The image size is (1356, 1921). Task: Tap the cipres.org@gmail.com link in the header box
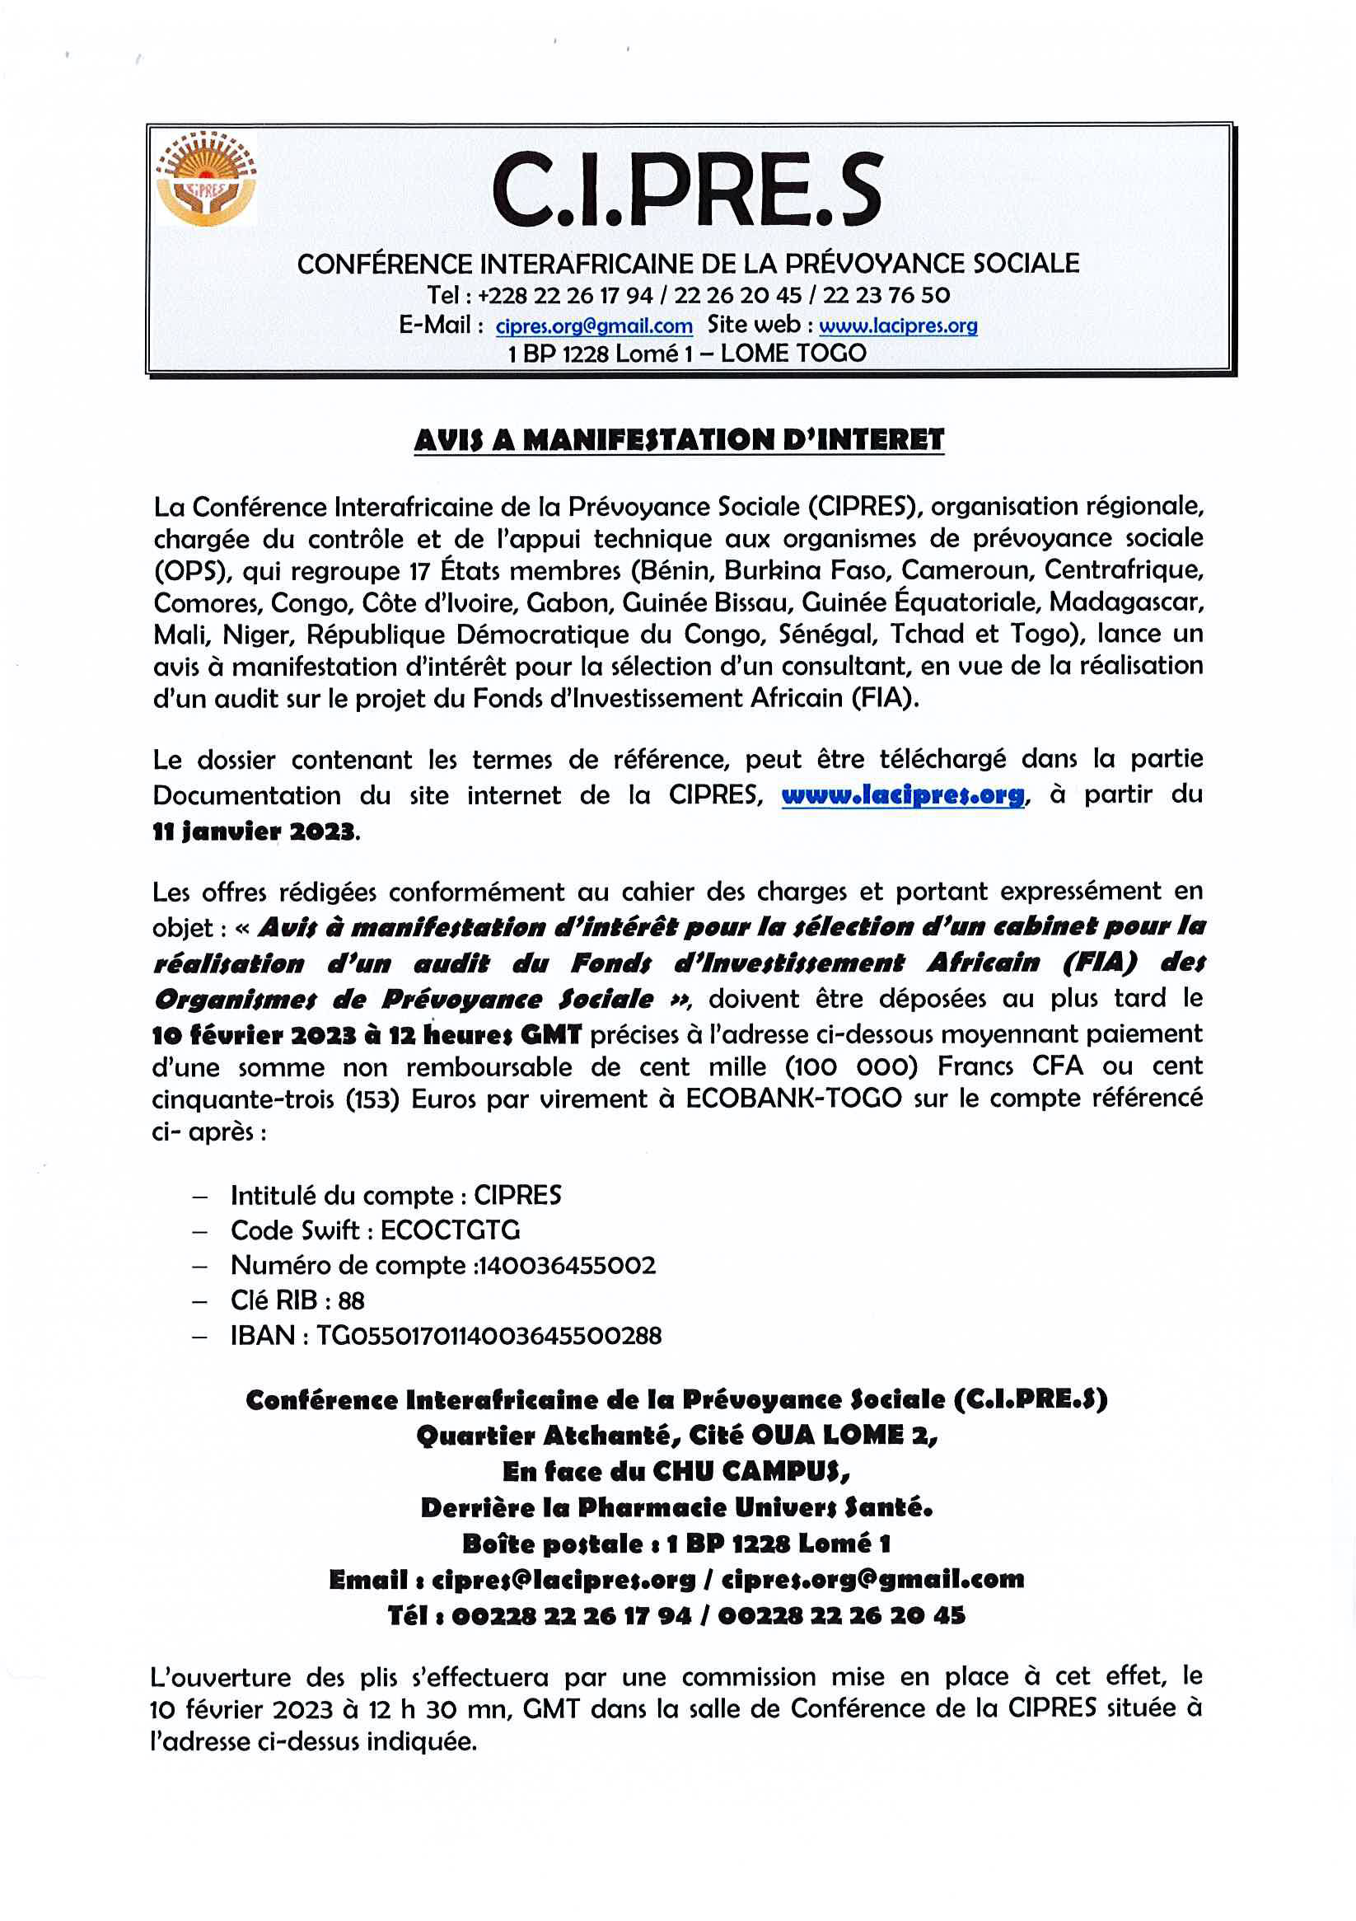(594, 326)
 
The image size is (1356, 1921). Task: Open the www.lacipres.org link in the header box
(898, 326)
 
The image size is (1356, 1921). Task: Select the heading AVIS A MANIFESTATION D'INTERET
(679, 440)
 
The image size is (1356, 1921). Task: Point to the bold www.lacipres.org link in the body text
(903, 794)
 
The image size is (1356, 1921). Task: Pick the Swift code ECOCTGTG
(450, 1230)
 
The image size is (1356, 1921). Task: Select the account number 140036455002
(566, 1265)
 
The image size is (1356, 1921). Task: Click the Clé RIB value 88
(351, 1300)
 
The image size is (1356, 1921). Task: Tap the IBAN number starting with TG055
(489, 1335)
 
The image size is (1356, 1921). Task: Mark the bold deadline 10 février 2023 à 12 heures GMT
(367, 1035)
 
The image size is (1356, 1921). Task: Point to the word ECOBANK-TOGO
(793, 1099)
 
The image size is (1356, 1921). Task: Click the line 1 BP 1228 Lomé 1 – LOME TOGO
(686, 353)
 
